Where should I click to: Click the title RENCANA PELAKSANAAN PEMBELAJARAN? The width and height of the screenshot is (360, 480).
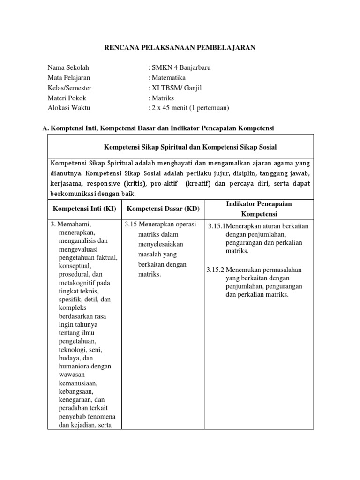coord(180,48)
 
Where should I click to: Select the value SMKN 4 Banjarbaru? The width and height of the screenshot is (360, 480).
coord(180,67)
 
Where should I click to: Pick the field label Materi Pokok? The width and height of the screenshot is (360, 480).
coord(67,98)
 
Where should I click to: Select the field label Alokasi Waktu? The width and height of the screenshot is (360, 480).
coord(69,108)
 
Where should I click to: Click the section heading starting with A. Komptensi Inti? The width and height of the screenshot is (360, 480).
coord(158,127)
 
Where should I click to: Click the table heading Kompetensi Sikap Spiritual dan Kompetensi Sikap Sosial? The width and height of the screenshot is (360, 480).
coord(190,147)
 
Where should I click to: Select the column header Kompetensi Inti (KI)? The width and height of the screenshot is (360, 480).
coord(84,208)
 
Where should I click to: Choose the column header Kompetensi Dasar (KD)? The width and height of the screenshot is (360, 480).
coord(157,208)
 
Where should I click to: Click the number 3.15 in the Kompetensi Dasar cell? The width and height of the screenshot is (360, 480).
coord(131,224)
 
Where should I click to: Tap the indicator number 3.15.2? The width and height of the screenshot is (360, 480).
coord(216,270)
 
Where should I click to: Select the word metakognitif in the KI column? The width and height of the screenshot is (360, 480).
coord(80,283)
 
